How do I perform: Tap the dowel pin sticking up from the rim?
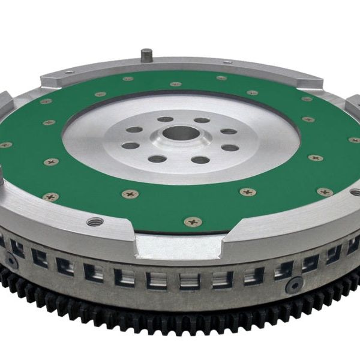point(146,55)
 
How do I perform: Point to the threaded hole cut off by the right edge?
point(356,192)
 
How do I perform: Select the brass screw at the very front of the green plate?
point(193,221)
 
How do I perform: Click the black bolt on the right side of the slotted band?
point(294,285)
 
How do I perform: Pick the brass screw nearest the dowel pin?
point(128,79)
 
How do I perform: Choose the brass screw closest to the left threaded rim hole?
point(51,197)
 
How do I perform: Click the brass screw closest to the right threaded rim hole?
point(325,192)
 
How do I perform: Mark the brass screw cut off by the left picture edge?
point(4,145)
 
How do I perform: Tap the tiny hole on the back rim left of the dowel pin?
point(69,73)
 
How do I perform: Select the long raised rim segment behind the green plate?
point(180,69)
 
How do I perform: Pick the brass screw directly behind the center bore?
point(175,84)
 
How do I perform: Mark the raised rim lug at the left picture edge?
point(5,102)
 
